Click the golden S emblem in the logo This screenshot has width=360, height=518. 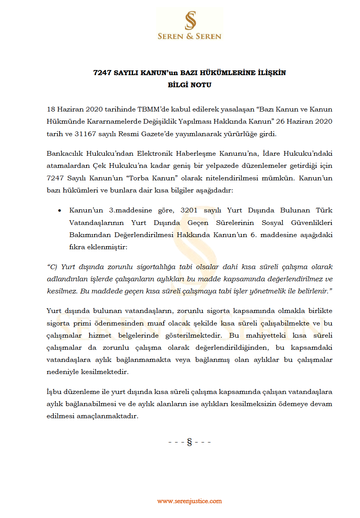190,20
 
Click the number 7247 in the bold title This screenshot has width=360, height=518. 103,73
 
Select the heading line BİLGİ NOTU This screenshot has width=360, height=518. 189,85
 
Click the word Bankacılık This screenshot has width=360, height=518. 65,153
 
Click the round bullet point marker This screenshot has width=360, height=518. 59,210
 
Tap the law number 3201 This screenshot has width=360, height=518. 189,210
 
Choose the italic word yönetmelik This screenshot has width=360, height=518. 277,291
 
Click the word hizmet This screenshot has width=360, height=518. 100,336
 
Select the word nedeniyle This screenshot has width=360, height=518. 63,372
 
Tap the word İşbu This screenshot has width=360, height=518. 54,392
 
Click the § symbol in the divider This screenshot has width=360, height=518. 190,442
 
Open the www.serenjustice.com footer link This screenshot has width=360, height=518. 189,501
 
